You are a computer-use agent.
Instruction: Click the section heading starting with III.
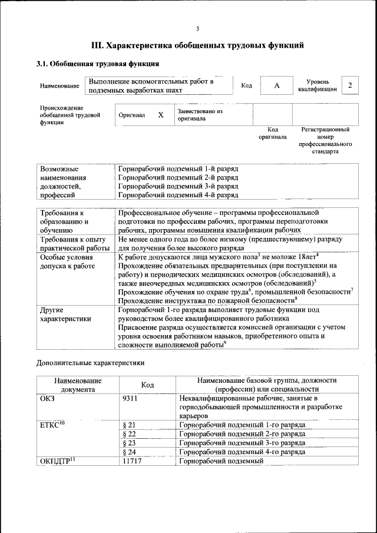pyautogui.click(x=197, y=45)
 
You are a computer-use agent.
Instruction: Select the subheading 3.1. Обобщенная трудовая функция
pyautogui.click(x=98, y=64)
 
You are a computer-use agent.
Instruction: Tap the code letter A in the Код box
pyautogui.click(x=277, y=86)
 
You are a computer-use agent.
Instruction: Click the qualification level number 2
pyautogui.click(x=350, y=85)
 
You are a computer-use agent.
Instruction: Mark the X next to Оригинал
pyautogui.click(x=161, y=115)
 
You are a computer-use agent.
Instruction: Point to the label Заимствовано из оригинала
pyautogui.click(x=200, y=114)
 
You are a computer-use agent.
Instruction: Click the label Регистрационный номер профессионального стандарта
pyautogui.click(x=325, y=140)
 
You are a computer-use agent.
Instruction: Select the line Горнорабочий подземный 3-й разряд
pyautogui.click(x=178, y=186)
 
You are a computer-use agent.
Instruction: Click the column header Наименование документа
pyautogui.click(x=77, y=385)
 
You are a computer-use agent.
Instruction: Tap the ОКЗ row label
pyautogui.click(x=47, y=399)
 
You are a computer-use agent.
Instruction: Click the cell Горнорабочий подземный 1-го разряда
pyautogui.click(x=242, y=424)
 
